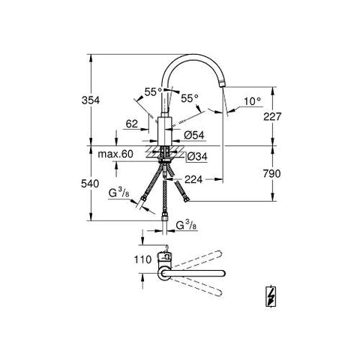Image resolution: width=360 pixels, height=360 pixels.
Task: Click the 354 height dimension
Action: click(91, 100)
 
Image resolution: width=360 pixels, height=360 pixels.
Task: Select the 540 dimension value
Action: click(90, 184)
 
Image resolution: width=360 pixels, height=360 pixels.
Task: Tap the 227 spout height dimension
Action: click(272, 116)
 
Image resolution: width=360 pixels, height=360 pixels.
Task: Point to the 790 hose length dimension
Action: click(271, 173)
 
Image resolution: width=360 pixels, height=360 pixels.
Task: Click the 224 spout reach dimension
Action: click(193, 179)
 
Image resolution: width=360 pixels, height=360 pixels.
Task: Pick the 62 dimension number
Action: click(132, 124)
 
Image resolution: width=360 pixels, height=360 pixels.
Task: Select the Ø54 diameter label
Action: click(194, 135)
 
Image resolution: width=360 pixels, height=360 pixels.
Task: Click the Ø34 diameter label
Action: click(197, 157)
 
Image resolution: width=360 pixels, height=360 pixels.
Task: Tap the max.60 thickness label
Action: click(115, 154)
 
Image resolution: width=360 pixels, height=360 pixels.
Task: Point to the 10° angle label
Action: click(253, 101)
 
